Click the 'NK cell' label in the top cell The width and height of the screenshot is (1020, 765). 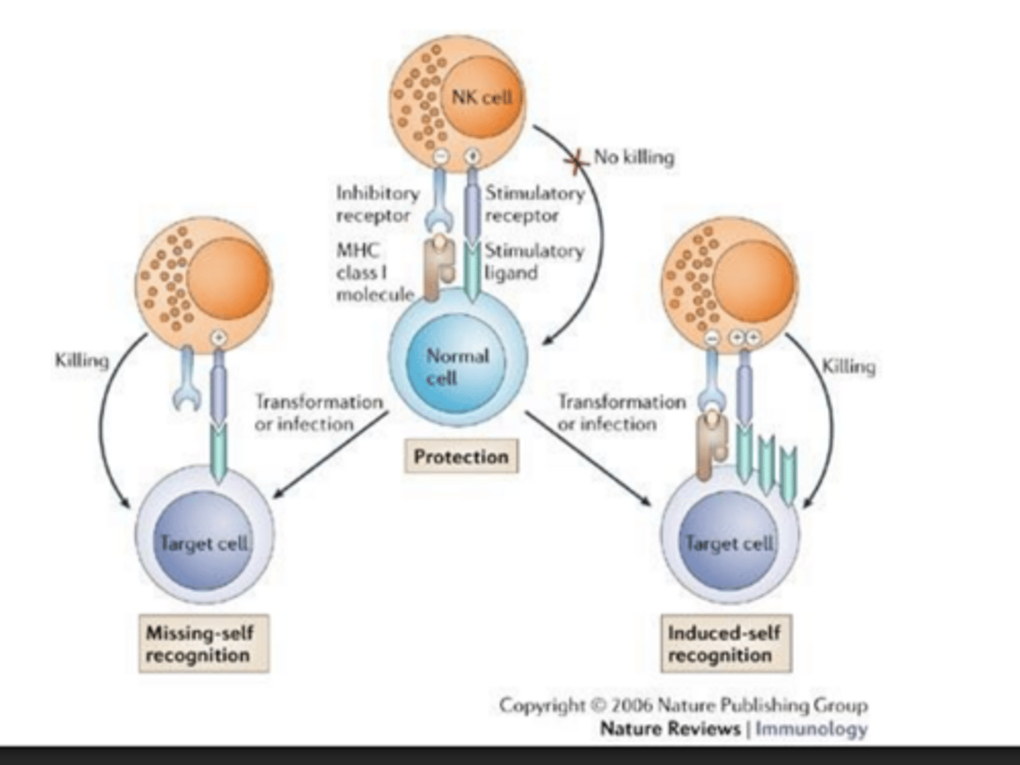pyautogui.click(x=482, y=96)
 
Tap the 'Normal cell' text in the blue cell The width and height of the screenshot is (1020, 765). pyautogui.click(x=456, y=366)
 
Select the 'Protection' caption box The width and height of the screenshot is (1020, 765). pyautogui.click(x=461, y=457)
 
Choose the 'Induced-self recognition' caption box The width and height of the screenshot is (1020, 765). pyautogui.click(x=724, y=643)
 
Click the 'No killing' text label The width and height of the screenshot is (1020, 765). pyautogui.click(x=634, y=157)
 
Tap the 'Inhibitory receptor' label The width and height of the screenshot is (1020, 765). pyautogui.click(x=377, y=204)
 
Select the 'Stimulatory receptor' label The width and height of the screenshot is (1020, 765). pyautogui.click(x=534, y=204)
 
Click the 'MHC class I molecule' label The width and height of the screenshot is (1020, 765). pyautogui.click(x=374, y=272)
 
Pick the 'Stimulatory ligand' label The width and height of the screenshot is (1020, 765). pyautogui.click(x=534, y=261)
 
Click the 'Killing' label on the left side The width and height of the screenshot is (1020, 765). pyautogui.click(x=82, y=361)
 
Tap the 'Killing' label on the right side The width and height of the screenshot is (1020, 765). pyautogui.click(x=848, y=366)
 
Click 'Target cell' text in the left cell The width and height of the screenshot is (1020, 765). pyautogui.click(x=204, y=543)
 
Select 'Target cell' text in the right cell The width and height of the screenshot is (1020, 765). pyautogui.click(x=729, y=543)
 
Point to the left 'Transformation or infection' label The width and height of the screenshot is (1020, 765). pyautogui.click(x=318, y=412)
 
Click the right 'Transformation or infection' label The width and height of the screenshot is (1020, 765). pyautogui.click(x=621, y=412)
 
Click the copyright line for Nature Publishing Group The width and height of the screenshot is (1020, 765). pyautogui.click(x=683, y=705)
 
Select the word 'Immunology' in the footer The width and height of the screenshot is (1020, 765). pyautogui.click(x=811, y=728)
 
